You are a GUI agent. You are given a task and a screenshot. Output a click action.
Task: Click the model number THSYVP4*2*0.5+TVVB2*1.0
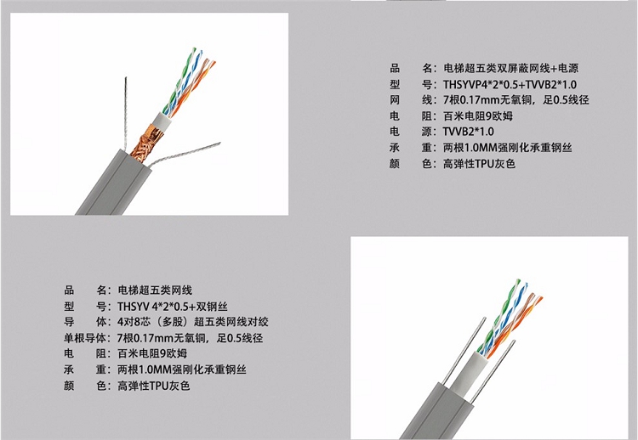(x=510, y=84)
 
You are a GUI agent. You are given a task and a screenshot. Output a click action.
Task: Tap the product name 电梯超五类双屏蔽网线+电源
(x=510, y=68)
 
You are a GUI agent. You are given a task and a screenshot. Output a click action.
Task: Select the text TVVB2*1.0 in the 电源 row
(x=469, y=132)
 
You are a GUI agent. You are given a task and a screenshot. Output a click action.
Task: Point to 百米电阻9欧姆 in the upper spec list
(x=478, y=116)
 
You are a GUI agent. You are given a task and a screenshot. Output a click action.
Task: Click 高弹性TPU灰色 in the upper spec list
(x=479, y=164)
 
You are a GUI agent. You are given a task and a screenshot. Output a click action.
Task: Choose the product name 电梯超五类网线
(x=155, y=291)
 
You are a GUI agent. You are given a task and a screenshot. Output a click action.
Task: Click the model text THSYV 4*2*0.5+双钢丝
(x=172, y=307)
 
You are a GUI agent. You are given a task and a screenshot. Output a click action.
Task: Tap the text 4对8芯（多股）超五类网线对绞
(x=193, y=322)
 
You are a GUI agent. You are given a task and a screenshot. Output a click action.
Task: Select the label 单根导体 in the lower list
(x=84, y=338)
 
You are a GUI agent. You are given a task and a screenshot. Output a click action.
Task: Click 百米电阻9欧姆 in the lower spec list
(x=152, y=353)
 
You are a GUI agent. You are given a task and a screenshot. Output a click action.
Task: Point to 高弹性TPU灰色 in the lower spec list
(x=154, y=386)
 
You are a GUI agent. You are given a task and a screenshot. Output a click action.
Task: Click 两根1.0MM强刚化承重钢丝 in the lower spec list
(x=182, y=369)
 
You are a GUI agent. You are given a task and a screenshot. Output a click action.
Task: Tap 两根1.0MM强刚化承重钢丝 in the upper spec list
(x=507, y=148)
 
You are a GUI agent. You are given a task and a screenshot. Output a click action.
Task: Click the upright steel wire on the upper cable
(x=126, y=113)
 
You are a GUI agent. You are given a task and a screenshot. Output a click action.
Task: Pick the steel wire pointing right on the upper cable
(x=184, y=155)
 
